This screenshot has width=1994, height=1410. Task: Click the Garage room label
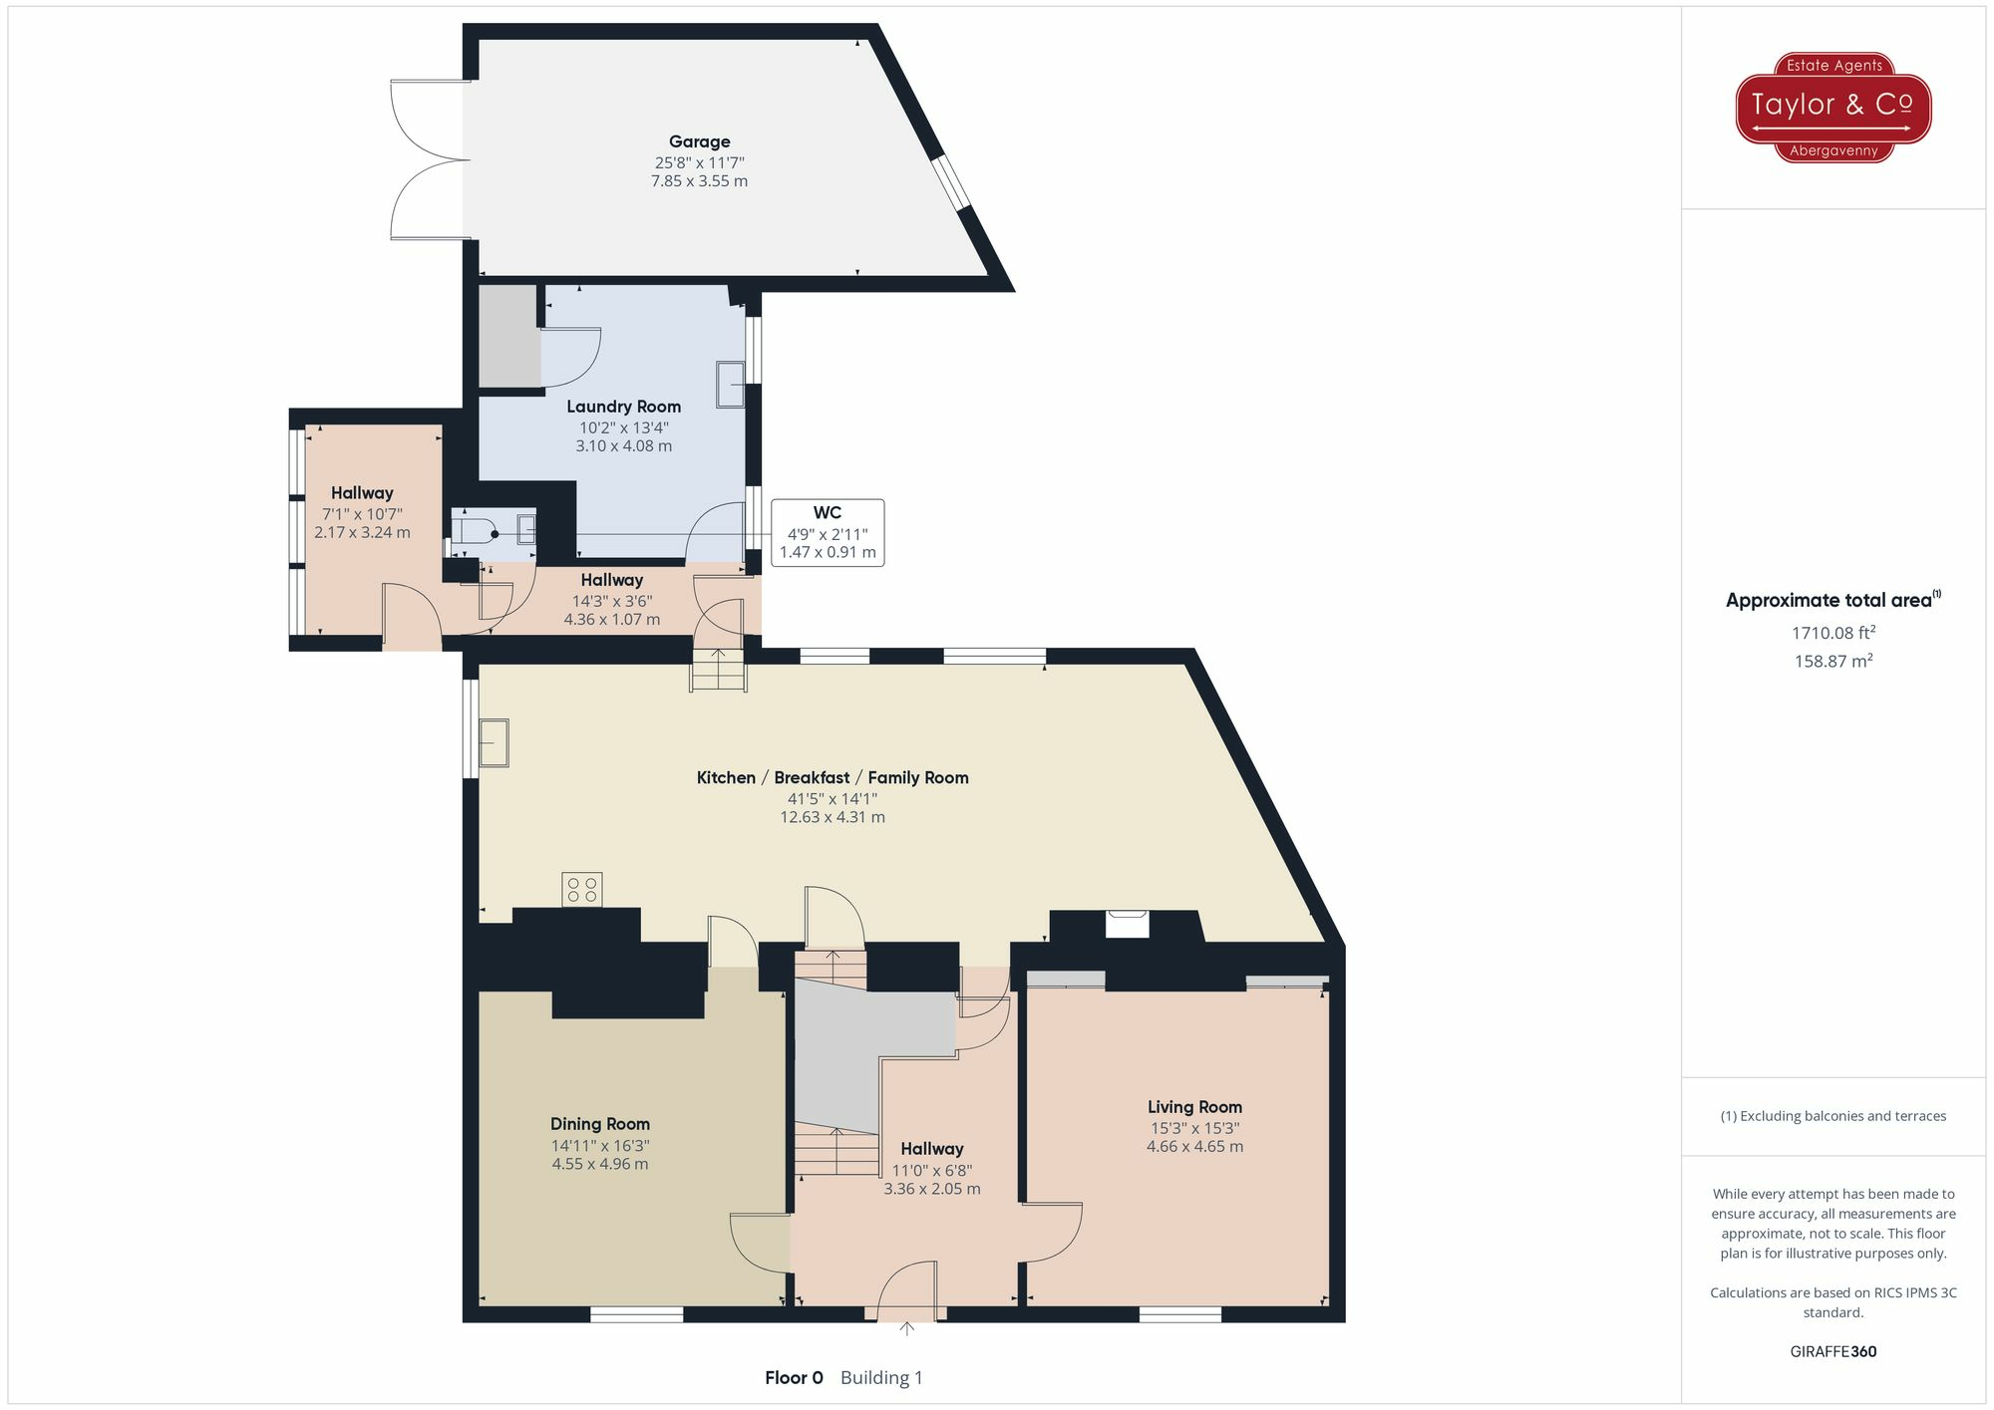pos(699,141)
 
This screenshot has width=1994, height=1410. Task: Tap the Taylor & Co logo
pos(1832,107)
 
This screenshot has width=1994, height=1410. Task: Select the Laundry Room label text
pos(623,407)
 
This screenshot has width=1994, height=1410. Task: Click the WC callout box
pos(827,532)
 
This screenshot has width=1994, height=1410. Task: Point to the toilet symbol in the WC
pos(473,528)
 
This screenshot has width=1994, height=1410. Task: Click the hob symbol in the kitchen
pos(582,889)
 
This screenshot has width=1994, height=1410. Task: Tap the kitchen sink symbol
pos(494,743)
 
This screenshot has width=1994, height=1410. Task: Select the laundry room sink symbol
pos(730,385)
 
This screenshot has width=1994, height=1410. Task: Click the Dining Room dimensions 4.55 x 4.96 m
pos(599,1164)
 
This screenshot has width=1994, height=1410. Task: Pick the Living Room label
pos(1194,1107)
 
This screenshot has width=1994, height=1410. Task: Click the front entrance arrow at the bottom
pos(906,1328)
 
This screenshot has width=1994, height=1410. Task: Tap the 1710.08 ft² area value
pos(1832,633)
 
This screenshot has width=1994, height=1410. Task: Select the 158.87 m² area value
pos(1832,662)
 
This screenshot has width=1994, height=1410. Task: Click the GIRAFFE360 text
pos(1832,1352)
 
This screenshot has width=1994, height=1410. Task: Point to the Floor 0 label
pos(794,1378)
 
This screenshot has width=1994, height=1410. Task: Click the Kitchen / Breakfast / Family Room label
pos(832,777)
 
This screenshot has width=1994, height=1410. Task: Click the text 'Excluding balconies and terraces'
pos(1842,1116)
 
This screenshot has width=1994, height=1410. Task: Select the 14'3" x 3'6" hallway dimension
pos(611,601)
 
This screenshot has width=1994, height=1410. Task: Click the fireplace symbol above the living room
pos(1128,924)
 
